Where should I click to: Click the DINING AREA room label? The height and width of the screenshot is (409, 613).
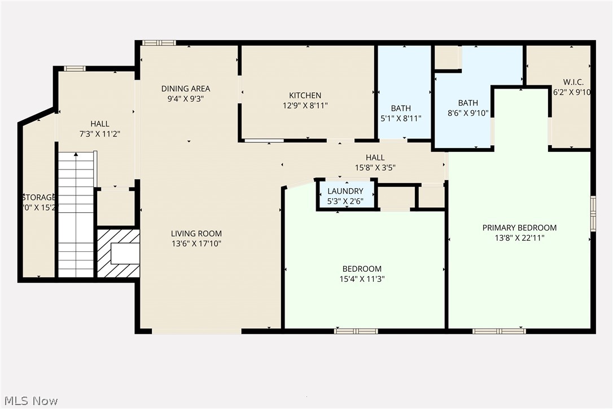click(186, 89)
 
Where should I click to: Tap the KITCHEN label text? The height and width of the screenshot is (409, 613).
click(305, 95)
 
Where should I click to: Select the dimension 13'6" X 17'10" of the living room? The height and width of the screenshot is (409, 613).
click(197, 244)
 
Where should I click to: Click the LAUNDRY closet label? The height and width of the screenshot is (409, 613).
click(345, 192)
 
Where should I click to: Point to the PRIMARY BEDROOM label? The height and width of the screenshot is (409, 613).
click(519, 228)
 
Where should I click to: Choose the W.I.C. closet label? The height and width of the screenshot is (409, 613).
click(573, 82)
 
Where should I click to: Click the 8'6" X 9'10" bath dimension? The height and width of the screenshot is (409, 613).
click(468, 113)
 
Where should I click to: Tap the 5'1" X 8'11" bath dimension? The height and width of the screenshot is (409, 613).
click(401, 118)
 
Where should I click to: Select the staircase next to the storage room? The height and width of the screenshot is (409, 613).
click(76, 215)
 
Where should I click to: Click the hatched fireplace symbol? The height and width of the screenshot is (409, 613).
click(119, 253)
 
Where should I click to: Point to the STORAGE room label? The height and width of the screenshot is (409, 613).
click(39, 197)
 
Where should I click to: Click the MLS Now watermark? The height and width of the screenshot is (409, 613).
click(29, 401)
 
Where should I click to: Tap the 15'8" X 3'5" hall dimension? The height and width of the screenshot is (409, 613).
click(375, 168)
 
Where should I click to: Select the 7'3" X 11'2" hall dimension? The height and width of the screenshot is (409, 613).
click(100, 134)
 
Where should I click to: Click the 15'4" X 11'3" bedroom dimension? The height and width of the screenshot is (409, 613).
click(362, 279)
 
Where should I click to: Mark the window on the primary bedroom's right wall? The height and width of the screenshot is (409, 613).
click(593, 214)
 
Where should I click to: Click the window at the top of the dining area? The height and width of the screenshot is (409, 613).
click(159, 42)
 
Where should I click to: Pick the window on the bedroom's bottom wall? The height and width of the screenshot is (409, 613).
click(356, 331)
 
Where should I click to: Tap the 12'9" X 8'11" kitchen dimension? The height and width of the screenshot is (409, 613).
click(305, 105)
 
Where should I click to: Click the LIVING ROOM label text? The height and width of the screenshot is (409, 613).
click(197, 233)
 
